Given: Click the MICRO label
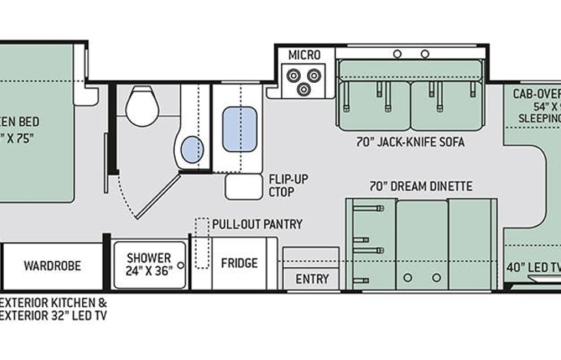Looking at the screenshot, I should [305, 55].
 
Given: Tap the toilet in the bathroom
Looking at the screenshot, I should [141, 105].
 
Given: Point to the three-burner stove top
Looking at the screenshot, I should [303, 80].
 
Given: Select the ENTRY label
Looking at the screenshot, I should [312, 279].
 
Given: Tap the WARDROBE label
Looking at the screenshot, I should [52, 266].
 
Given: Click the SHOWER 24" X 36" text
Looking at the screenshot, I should [150, 264].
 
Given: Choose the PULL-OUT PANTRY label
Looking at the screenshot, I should [257, 224].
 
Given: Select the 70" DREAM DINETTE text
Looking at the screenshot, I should [421, 186].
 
